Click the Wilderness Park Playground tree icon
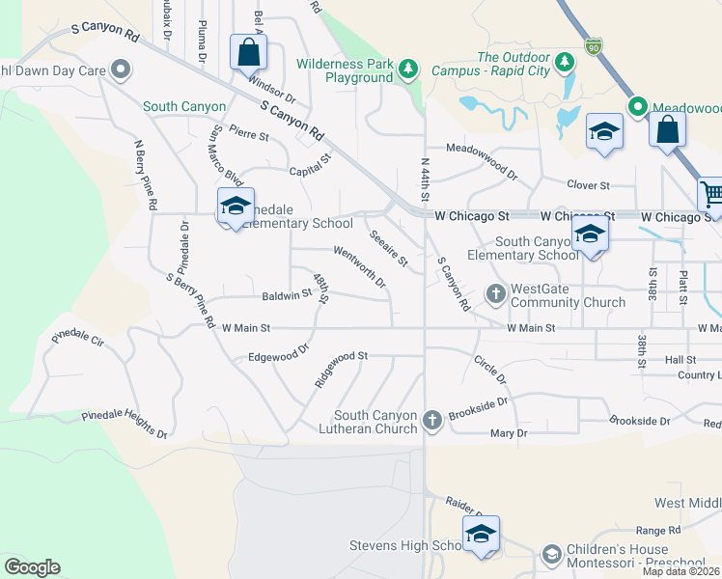click(x=409, y=68)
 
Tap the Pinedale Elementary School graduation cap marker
click(x=236, y=207)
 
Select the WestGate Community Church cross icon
click(x=496, y=293)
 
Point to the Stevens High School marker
click(x=480, y=535)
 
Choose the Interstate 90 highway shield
click(x=593, y=45)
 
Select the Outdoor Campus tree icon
click(x=565, y=63)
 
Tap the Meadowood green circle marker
click(x=637, y=107)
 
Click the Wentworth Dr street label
click(x=360, y=267)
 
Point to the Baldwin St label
click(x=286, y=295)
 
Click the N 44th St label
click(x=425, y=179)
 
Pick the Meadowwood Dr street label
click(x=482, y=149)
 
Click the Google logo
click(x=32, y=567)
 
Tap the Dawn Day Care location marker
click(x=121, y=69)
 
